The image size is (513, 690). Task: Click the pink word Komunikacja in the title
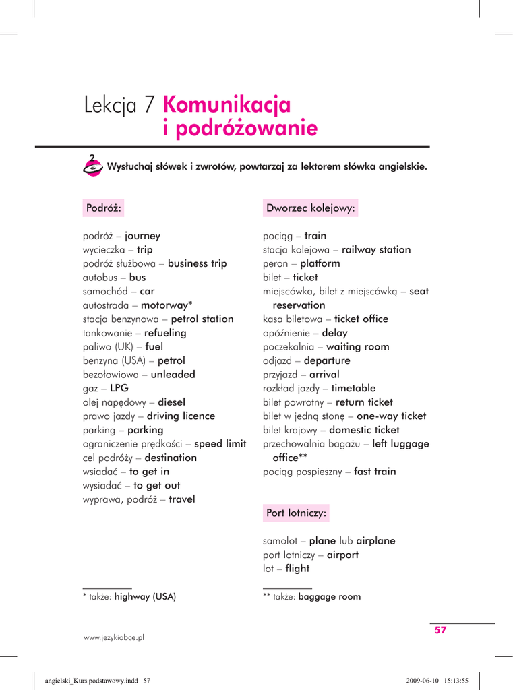(x=227, y=105)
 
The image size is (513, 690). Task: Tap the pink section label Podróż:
(x=103, y=208)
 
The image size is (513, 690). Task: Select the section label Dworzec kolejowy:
(x=311, y=208)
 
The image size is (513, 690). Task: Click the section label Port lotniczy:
(x=297, y=513)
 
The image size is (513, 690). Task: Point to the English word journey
(x=142, y=236)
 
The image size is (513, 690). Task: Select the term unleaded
(x=173, y=375)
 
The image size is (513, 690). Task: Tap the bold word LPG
(x=119, y=389)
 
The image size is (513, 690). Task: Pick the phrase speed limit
(x=220, y=444)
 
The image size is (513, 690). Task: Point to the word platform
(x=320, y=263)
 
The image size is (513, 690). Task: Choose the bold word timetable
(x=353, y=389)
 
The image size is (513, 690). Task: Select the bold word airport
(x=342, y=555)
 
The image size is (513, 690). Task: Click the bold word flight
(x=297, y=569)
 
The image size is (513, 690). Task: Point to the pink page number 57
(x=440, y=631)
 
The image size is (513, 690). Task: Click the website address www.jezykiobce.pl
(x=114, y=637)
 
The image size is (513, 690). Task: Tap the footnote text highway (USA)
(x=145, y=596)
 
